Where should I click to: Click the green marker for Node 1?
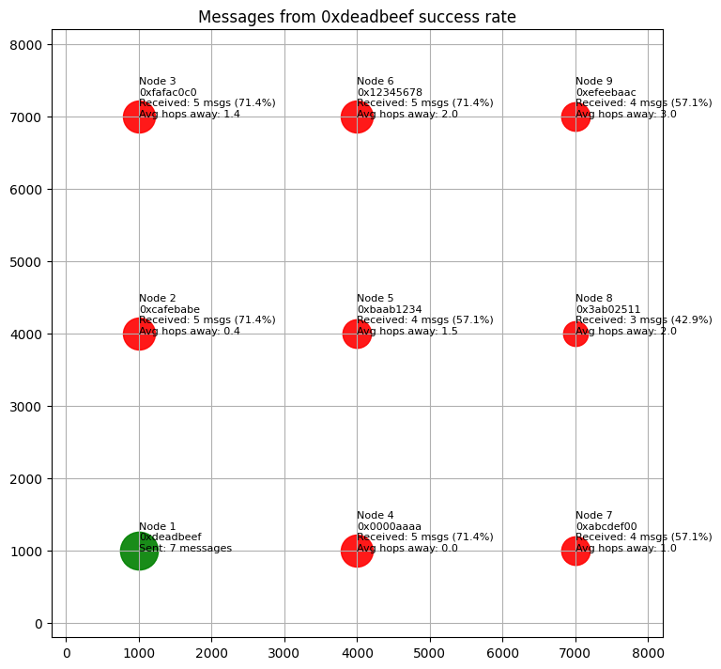tap(139, 551)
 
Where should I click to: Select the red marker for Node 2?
tap(139, 334)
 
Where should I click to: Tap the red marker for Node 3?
tap(139, 117)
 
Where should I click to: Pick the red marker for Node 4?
tap(357, 551)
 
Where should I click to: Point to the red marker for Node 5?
tap(357, 334)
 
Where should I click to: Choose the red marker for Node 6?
tap(357, 117)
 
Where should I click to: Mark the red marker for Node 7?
tap(575, 551)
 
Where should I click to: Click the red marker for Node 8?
tap(575, 334)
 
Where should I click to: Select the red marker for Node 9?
tap(575, 117)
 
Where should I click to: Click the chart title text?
tap(357, 17)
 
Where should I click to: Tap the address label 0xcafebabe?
tap(169, 309)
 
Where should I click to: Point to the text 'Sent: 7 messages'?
tap(185, 548)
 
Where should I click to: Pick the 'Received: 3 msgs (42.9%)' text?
tap(643, 320)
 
